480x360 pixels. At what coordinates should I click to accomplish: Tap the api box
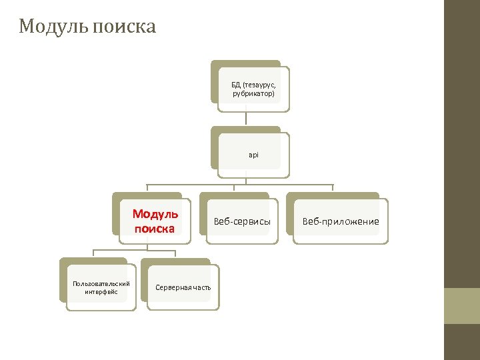point(253,155)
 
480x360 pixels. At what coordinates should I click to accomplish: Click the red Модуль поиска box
point(155,221)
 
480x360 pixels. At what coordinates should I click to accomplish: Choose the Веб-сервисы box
point(241,221)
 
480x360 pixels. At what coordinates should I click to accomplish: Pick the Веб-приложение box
point(341,221)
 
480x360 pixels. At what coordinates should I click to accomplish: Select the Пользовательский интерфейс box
point(101,287)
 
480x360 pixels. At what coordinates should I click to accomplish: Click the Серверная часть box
point(183,287)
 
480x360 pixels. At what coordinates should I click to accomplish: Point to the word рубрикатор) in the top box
point(253,94)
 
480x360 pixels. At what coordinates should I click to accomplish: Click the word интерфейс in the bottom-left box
point(101,292)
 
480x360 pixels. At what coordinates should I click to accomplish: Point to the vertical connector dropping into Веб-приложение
point(333,188)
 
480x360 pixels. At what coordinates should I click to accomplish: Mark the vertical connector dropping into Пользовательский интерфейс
point(93,253)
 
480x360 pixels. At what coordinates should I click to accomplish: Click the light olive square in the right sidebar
point(461,305)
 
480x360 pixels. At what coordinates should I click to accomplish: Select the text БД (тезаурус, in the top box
point(253,85)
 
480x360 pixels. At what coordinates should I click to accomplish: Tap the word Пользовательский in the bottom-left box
point(101,284)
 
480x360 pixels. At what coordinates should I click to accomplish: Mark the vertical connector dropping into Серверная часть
point(175,253)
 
